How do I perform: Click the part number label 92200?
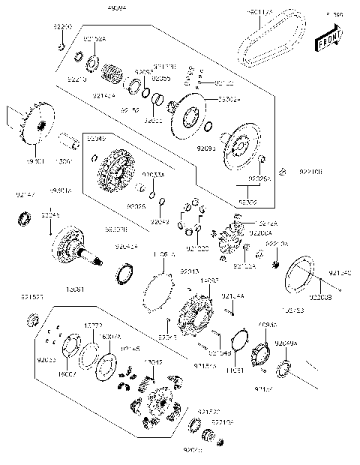61,26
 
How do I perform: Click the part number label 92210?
76,79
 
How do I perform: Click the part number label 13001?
65,160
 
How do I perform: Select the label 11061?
234,370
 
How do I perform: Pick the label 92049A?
285,342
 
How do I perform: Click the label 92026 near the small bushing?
136,205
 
